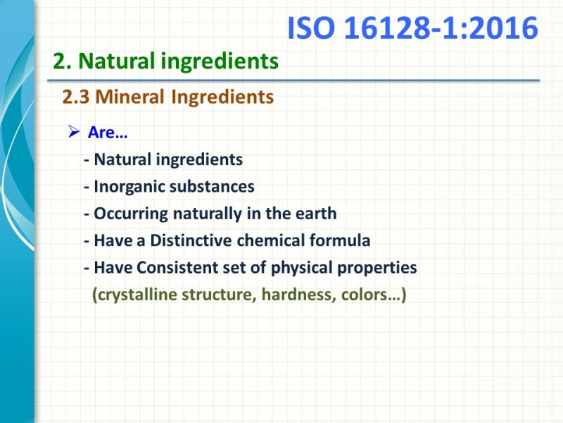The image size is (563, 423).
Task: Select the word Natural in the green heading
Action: [118, 62]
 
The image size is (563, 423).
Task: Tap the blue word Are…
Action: [108, 133]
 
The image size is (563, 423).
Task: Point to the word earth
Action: [317, 214]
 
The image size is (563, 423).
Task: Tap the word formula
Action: [340, 240]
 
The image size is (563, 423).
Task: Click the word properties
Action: [379, 268]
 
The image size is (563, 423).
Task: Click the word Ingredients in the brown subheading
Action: [222, 97]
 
